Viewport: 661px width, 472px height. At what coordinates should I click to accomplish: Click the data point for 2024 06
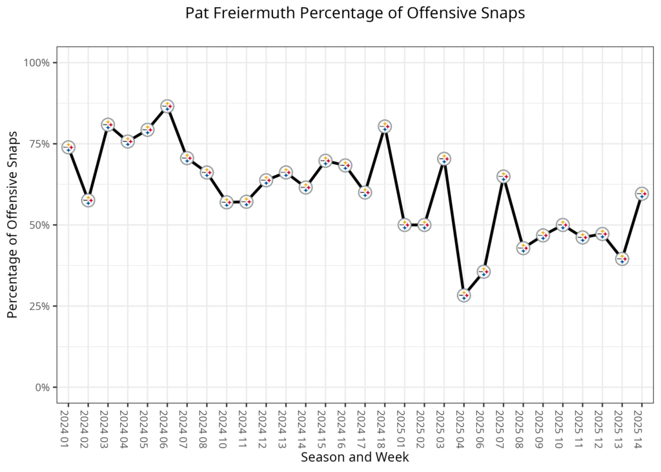coord(167,106)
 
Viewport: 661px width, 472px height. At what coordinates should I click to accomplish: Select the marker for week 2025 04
coord(463,295)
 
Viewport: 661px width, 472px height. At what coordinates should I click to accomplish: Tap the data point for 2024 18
coord(385,126)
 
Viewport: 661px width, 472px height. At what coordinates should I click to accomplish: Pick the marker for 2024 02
coord(88,200)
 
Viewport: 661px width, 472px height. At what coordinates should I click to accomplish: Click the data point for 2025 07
coord(503,176)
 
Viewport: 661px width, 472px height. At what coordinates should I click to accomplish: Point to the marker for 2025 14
coord(642,193)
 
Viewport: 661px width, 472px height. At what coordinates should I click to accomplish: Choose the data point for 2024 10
coord(227,202)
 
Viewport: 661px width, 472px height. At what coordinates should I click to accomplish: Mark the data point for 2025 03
coord(444,158)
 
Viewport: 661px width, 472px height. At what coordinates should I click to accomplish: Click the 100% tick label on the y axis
coord(37,63)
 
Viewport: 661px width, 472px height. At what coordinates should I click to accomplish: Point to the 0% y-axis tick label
coord(43,387)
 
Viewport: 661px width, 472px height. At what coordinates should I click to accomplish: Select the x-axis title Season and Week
coord(354,457)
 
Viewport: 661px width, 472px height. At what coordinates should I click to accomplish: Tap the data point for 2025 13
coord(622,258)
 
